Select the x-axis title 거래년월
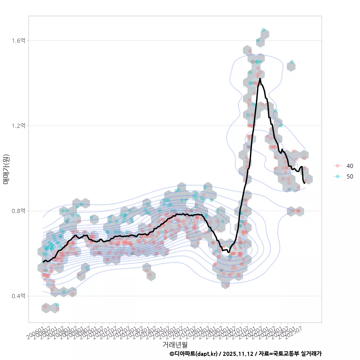point(175,344)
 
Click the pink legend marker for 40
point(337,166)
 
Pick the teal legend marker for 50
point(337,176)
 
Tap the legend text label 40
point(350,166)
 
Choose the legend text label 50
point(350,176)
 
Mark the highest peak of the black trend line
point(260,79)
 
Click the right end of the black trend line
point(304,183)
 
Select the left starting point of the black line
point(43,261)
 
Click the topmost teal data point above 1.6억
point(263,30)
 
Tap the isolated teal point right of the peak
point(292,62)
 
